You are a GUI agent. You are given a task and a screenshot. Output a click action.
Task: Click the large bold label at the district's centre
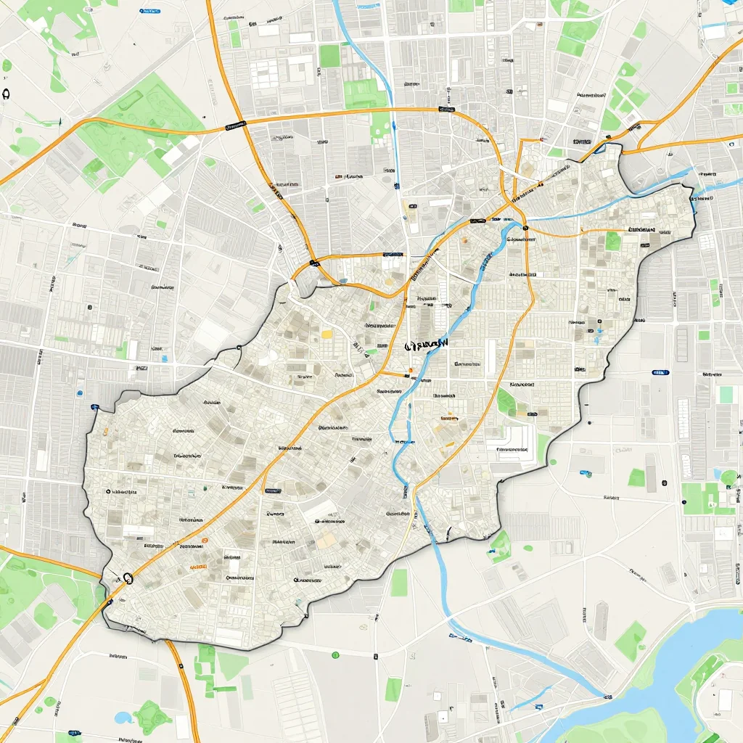(x=428, y=343)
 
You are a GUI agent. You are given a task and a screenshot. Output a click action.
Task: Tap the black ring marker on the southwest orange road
(x=128, y=578)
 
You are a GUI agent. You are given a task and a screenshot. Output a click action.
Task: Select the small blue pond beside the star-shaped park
(x=123, y=717)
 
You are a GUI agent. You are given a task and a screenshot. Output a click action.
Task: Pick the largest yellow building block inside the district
(x=327, y=334)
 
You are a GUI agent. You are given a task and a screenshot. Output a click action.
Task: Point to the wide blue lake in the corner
(x=697, y=653)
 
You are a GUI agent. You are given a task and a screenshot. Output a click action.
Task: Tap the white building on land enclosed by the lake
(x=726, y=699)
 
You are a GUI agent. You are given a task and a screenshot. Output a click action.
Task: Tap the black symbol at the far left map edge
(x=7, y=93)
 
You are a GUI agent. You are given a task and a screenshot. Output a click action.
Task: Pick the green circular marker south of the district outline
(x=335, y=655)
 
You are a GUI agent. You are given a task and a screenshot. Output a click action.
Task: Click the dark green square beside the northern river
(x=330, y=56)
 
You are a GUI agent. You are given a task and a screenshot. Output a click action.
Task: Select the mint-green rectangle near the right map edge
(x=726, y=394)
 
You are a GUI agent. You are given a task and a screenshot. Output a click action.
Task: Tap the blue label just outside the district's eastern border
(x=660, y=372)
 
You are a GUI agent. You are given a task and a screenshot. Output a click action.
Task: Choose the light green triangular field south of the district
(x=233, y=665)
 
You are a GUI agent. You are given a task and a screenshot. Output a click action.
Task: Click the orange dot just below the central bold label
(x=411, y=370)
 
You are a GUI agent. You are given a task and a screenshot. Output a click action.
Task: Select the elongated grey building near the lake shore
(x=602, y=620)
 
